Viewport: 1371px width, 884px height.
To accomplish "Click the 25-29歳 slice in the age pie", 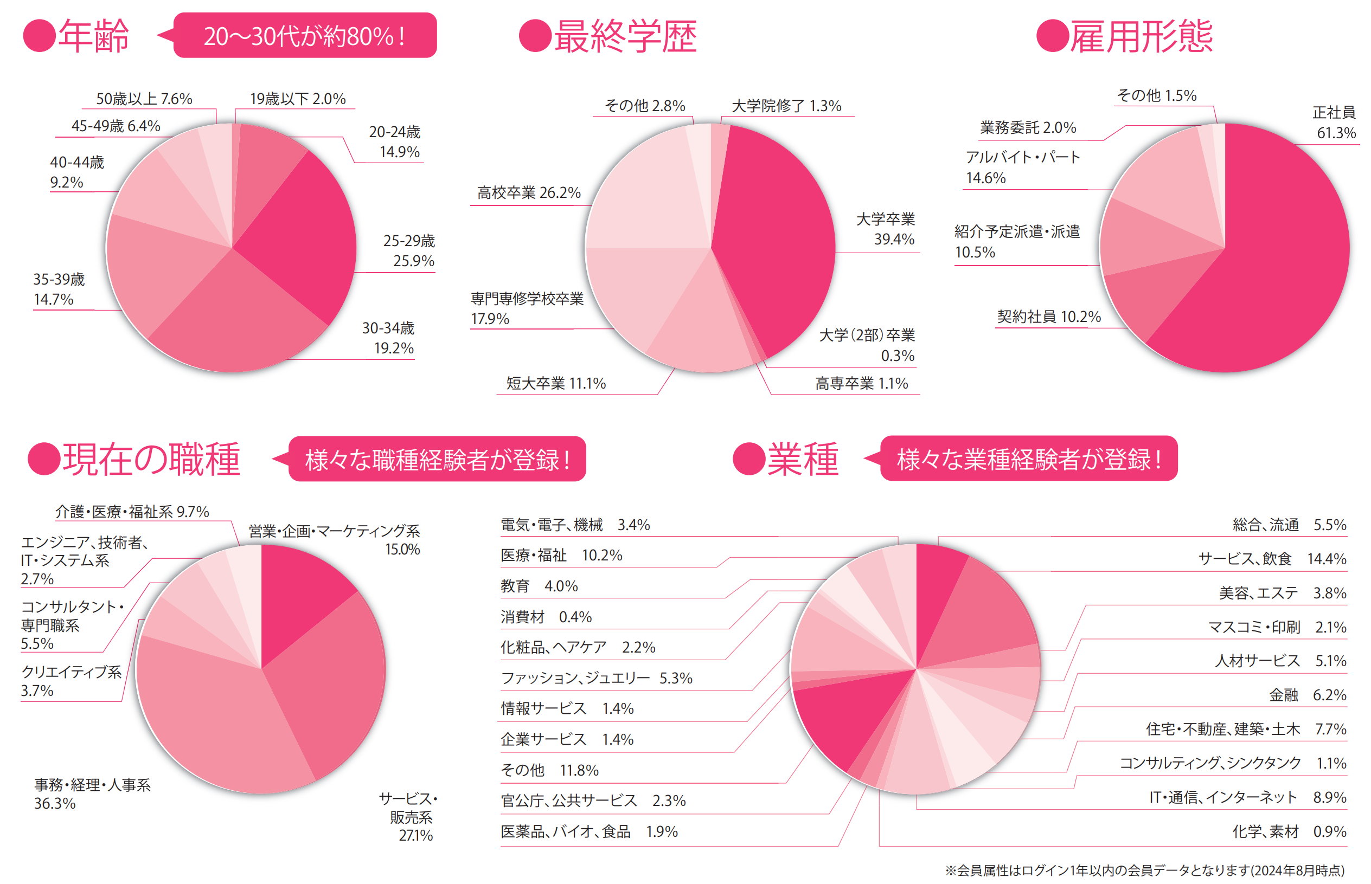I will point(299,230).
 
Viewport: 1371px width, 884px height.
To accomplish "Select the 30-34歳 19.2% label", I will point(389,338).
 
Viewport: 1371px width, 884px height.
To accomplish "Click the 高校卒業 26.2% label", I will point(528,193).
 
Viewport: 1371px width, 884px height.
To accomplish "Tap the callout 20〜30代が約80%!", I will point(305,36).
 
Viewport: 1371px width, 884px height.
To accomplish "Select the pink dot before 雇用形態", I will point(1052,36).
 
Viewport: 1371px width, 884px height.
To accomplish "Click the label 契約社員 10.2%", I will point(1049,317).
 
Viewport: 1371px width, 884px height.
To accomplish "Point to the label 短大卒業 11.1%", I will point(555,383).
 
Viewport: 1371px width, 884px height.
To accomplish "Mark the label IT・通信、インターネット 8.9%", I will point(1247,797).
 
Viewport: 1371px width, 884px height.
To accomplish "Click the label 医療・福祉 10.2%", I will point(561,556).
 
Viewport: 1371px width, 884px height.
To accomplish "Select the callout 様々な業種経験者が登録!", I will point(1029,459).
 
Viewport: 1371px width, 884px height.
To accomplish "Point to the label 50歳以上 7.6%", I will point(144,99).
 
